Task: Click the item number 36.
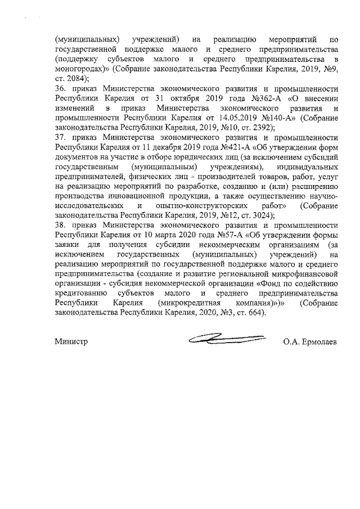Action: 60,90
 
